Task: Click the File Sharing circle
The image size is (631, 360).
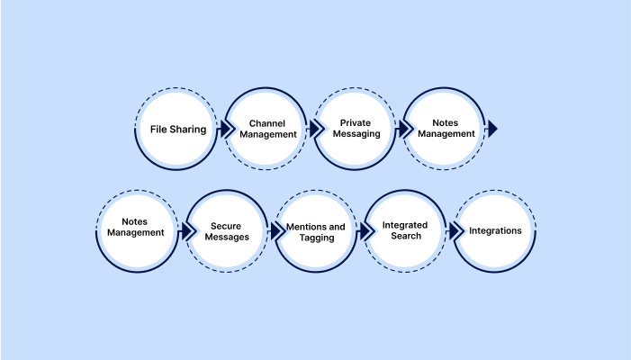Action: (x=178, y=129)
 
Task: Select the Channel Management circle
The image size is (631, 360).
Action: (x=267, y=129)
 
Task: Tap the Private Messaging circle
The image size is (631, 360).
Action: (x=356, y=129)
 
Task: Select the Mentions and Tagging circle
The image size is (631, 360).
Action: (x=317, y=231)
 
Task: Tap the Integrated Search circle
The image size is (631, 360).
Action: (x=406, y=231)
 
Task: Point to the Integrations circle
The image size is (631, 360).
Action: (x=495, y=231)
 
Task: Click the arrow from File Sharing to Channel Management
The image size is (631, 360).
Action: (x=222, y=129)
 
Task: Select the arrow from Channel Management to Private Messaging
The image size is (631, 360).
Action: (x=311, y=129)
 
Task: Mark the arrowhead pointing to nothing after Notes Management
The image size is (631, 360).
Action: (x=491, y=129)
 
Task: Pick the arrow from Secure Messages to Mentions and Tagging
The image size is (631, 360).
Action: (x=272, y=231)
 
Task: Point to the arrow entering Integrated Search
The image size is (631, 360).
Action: (x=362, y=231)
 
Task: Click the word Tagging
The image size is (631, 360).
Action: (x=317, y=238)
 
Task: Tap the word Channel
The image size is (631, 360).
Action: (x=267, y=122)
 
